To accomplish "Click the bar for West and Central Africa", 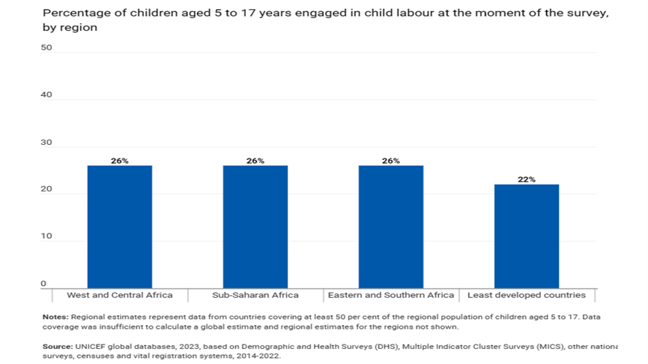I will (120, 227).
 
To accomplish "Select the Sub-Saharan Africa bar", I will (255, 227).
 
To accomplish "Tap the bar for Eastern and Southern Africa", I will (391, 227).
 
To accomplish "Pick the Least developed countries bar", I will (527, 236).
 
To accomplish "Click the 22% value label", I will (527, 179).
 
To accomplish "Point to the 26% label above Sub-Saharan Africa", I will (255, 161).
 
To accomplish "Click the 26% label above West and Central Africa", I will (120, 161).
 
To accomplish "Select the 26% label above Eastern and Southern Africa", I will (391, 161).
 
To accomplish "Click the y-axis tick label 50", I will (46, 47).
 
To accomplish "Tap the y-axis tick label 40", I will (46, 95).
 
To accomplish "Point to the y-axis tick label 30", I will (46, 142).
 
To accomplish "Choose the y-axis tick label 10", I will (46, 236).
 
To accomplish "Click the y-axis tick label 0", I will (43, 284).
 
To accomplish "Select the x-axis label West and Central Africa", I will (120, 296).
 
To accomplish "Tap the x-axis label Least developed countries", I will (527, 296).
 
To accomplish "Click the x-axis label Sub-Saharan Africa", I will (255, 296).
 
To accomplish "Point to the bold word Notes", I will (55, 317).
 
